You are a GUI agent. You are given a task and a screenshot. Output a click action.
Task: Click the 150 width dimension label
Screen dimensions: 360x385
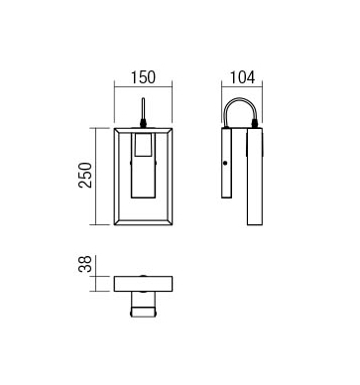click(143, 77)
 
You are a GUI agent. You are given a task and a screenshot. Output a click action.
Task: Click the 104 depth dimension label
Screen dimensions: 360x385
click(242, 77)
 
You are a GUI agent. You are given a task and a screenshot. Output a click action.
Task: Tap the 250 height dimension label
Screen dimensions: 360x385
click(85, 176)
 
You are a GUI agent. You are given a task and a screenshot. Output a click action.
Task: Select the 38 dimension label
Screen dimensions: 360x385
click(85, 264)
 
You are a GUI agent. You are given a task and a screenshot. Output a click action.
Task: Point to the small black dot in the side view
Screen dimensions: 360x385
click(225, 163)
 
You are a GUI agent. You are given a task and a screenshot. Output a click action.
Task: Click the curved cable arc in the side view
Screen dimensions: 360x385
click(241, 99)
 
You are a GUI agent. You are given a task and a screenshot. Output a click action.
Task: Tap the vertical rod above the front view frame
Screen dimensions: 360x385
click(143, 108)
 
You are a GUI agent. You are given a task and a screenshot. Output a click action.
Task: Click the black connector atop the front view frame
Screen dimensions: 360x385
click(143, 123)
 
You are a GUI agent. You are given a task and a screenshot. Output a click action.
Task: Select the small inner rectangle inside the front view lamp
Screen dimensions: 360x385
click(143, 145)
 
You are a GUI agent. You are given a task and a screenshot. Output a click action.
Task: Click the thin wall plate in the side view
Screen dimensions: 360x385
click(227, 163)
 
